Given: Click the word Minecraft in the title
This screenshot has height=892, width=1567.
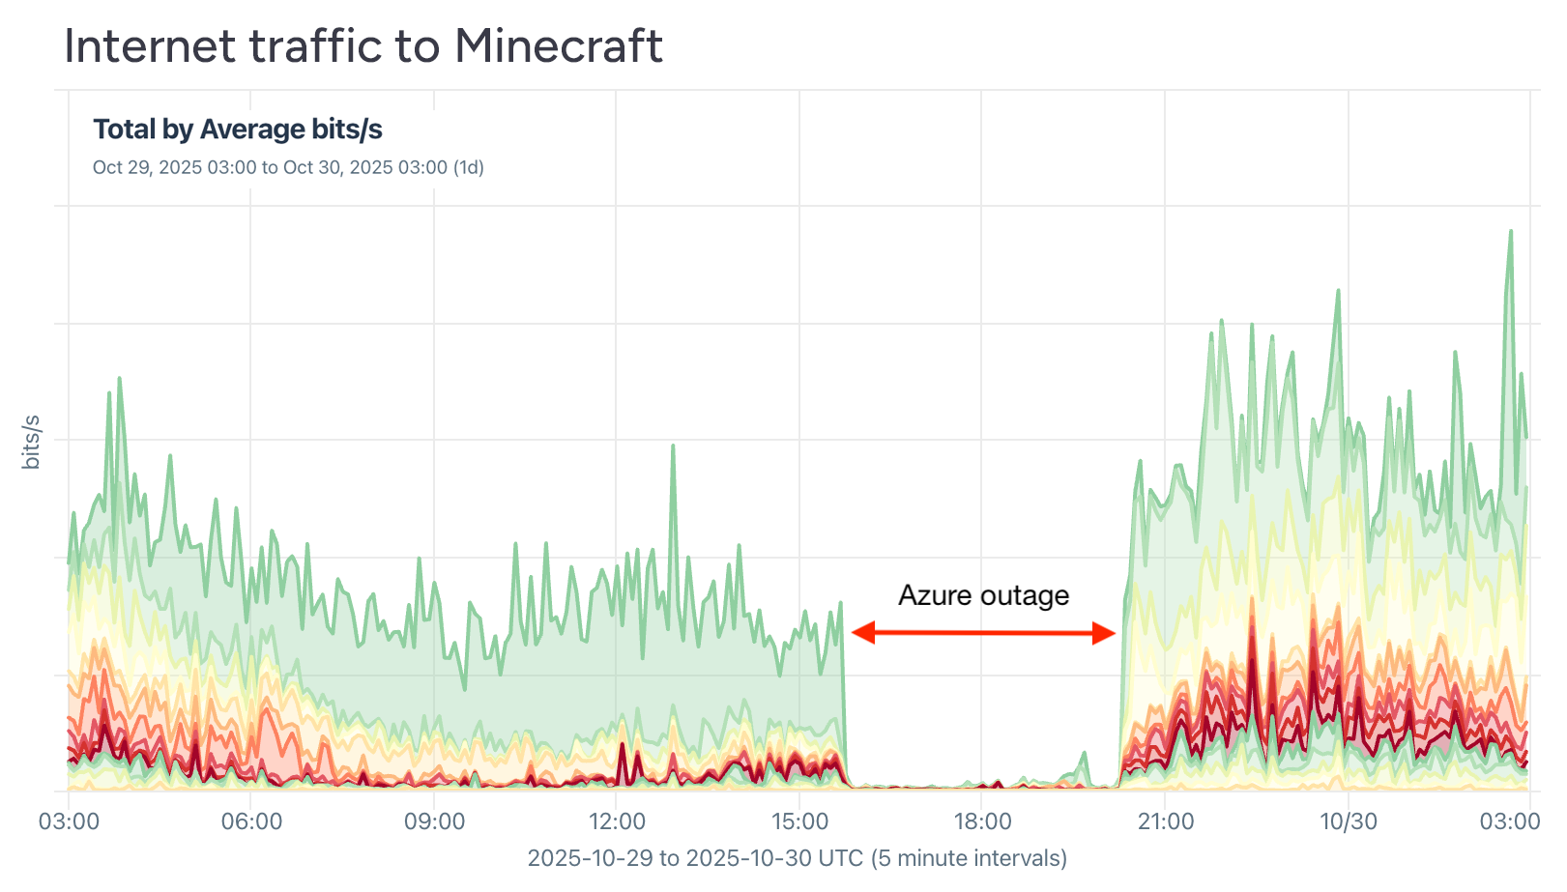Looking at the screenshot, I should pos(558,45).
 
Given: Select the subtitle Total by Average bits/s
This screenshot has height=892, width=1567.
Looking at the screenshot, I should pos(238,129).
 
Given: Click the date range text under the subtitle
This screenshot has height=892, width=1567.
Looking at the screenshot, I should pos(288,167).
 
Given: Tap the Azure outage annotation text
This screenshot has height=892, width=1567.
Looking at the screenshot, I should pos(983,595).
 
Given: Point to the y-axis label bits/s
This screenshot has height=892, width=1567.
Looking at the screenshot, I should pos(31,443).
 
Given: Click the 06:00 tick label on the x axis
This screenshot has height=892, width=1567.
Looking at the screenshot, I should pos(251,821).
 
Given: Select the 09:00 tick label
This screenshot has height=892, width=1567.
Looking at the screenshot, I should pos(434,821).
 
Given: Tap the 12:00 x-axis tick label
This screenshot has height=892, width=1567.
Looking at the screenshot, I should pos(617,821).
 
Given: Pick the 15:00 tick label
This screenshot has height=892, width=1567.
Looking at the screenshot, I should pos(799,821).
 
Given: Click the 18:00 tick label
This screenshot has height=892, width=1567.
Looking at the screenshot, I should pos(982,821).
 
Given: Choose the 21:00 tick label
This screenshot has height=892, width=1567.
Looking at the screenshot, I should pos(1165,821).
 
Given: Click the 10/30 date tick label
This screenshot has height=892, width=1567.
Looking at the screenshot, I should pos(1349,821).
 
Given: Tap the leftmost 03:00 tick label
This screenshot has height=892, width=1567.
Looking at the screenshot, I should pos(69,821).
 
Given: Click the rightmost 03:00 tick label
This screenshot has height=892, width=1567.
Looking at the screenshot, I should pos(1510,821).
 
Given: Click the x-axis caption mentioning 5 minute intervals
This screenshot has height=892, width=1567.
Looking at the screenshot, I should pos(797,858).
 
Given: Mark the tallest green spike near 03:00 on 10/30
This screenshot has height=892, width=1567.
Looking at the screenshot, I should pos(1510,233).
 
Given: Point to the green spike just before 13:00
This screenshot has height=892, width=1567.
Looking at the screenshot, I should pos(673,447).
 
